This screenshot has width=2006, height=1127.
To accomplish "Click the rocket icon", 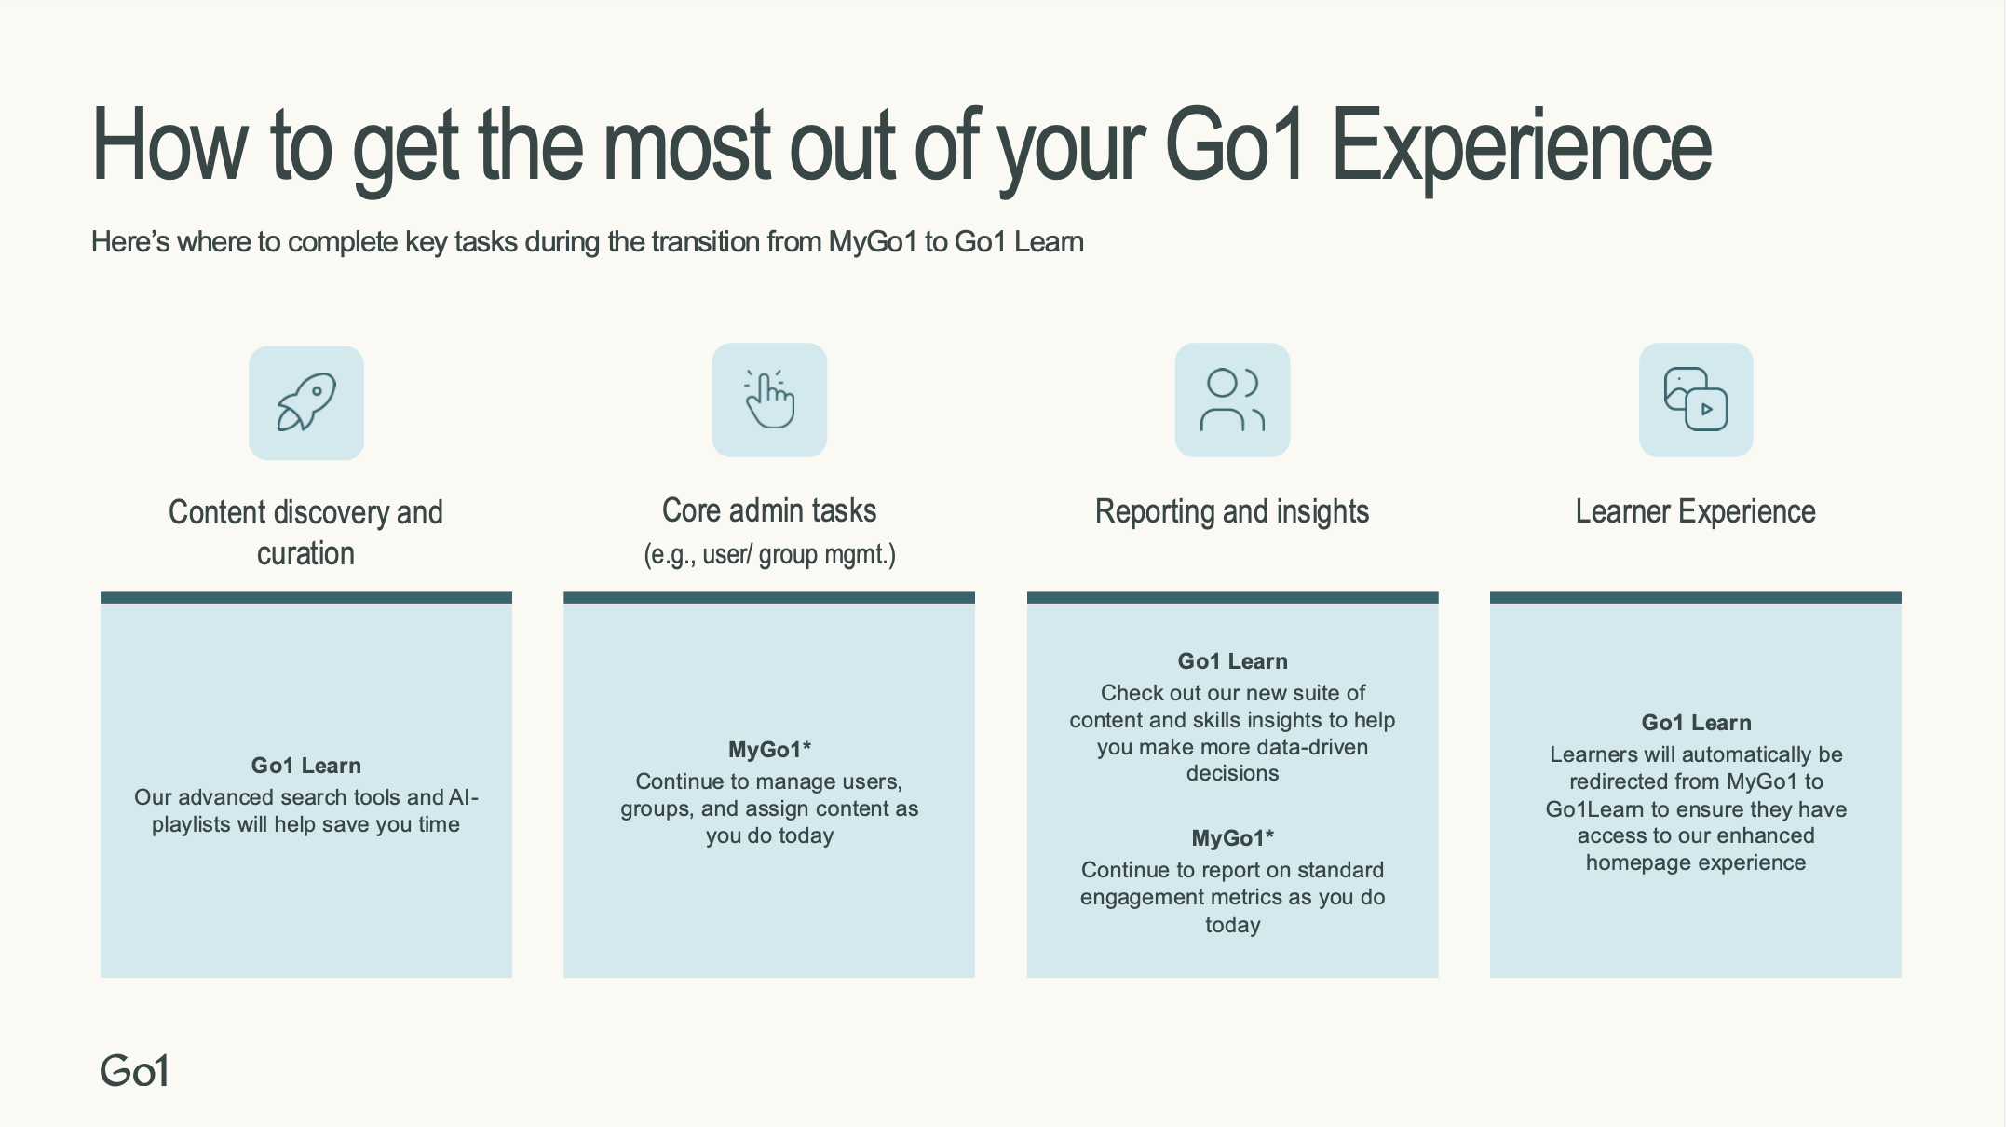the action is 306,402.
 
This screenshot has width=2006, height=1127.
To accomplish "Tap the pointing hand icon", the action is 769,400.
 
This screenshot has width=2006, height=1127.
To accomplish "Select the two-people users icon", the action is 1232,400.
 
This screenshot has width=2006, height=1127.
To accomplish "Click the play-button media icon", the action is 1696,400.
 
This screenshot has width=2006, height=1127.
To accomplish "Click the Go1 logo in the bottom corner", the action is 135,1071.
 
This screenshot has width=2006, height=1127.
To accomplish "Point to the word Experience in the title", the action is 1522,147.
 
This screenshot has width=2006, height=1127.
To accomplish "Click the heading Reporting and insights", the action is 1232,511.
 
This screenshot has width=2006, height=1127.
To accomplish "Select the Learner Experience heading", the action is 1696,511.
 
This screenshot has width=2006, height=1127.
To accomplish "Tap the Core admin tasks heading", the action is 769,510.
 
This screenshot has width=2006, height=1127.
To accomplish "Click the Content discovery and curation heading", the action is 305,533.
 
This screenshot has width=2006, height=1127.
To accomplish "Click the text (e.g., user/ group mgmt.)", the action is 769,555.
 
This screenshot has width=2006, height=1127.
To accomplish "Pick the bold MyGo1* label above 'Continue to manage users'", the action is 769,750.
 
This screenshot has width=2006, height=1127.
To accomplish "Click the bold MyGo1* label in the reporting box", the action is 1232,838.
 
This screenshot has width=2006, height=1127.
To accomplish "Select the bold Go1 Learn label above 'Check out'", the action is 1232,661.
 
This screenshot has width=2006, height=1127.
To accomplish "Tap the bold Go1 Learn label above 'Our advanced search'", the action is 305,766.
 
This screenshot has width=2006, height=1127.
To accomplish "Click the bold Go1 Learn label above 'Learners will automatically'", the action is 1696,723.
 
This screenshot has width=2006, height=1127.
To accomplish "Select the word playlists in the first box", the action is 191,825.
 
